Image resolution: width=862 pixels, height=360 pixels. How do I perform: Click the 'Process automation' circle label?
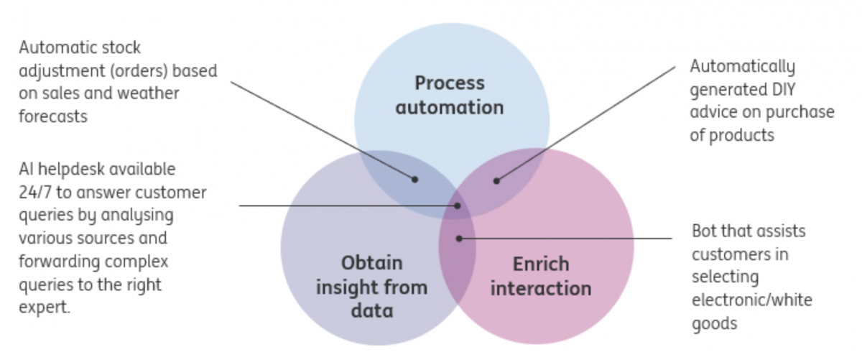pyautogui.click(x=450, y=95)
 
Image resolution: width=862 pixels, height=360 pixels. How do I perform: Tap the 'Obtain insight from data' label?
pyautogui.click(x=372, y=287)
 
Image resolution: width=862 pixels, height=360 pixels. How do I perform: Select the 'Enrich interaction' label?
pyautogui.click(x=541, y=276)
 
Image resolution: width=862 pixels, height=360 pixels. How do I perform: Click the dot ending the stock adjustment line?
pyautogui.click(x=414, y=180)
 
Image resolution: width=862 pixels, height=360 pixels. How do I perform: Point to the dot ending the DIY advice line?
pyautogui.click(x=496, y=180)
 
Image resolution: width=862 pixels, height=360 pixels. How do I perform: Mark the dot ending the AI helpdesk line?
pyautogui.click(x=457, y=206)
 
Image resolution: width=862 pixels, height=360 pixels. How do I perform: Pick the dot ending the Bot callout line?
pyautogui.click(x=459, y=239)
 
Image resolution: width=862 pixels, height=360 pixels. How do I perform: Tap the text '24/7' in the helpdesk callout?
pyautogui.click(x=35, y=192)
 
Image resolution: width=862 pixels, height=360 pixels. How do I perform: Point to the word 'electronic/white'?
pyautogui.click(x=752, y=300)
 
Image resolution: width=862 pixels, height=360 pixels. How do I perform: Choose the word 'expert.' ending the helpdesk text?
pyautogui.click(x=45, y=308)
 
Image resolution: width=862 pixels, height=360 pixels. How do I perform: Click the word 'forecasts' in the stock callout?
pyautogui.click(x=53, y=116)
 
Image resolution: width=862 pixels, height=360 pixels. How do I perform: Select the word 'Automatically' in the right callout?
pyautogui.click(x=742, y=67)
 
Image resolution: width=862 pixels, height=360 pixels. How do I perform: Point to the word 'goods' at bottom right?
pyautogui.click(x=714, y=323)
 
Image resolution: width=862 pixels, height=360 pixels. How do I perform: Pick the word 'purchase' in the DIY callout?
pyautogui.click(x=800, y=112)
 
